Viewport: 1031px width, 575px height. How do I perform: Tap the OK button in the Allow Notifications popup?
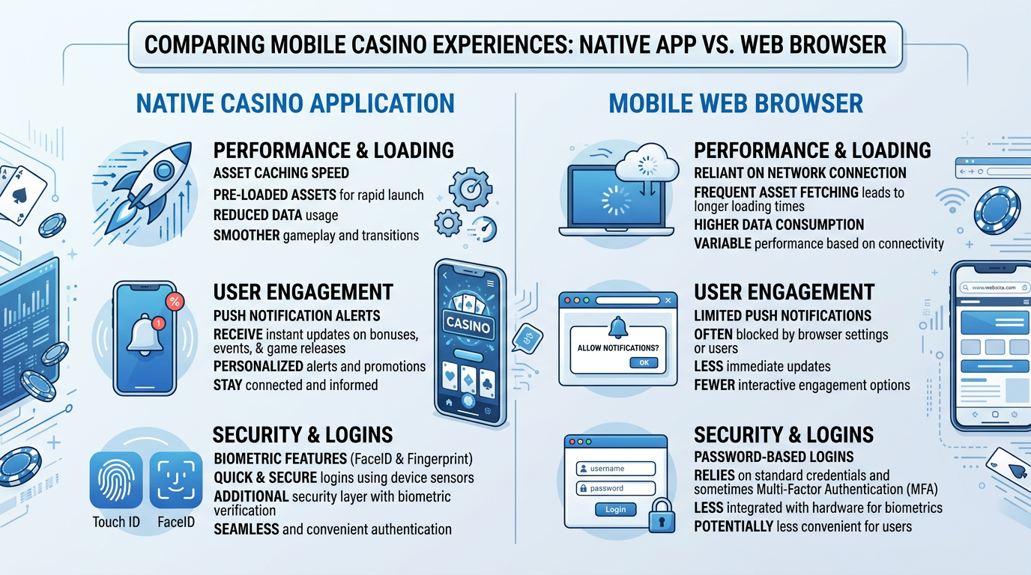(x=644, y=363)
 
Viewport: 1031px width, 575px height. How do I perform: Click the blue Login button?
(x=615, y=509)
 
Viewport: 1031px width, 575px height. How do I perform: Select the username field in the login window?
(x=615, y=468)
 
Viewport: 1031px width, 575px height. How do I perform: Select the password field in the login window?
(x=615, y=488)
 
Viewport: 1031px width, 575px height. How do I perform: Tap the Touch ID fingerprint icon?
(x=116, y=480)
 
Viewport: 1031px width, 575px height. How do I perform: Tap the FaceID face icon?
(x=176, y=480)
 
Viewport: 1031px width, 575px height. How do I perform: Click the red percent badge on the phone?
(x=175, y=302)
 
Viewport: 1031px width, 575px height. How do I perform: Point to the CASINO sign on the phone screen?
(x=468, y=325)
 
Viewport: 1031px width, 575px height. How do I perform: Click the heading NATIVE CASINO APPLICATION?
(x=295, y=103)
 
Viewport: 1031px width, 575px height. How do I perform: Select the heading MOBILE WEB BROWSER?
(x=736, y=103)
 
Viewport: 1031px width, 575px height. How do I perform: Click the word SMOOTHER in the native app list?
(x=247, y=236)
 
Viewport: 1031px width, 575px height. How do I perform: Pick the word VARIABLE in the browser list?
(x=722, y=243)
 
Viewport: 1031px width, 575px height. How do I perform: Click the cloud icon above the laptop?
(x=647, y=163)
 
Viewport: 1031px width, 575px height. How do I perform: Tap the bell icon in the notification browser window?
(x=617, y=327)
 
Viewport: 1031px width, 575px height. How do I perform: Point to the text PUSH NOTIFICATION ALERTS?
(x=297, y=315)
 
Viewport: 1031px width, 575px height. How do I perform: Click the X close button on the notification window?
(x=668, y=300)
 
